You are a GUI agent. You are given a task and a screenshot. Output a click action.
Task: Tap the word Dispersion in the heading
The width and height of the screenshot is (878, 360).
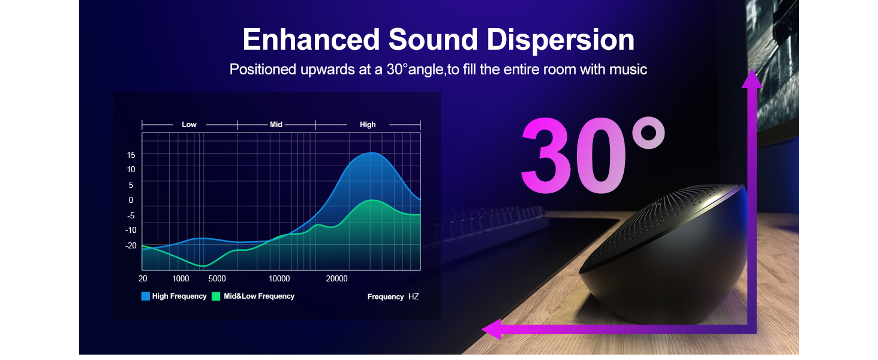point(560,40)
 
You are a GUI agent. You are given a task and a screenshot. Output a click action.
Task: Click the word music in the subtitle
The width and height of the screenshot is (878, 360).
point(627,70)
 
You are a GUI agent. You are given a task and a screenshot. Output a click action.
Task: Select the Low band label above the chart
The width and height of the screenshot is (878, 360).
point(189,125)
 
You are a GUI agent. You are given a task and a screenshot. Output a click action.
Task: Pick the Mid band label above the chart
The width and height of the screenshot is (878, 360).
point(276,125)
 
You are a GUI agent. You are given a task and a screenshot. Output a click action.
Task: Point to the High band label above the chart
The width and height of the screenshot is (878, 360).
point(368,125)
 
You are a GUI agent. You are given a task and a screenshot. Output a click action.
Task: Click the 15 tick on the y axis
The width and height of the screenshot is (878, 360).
point(131,155)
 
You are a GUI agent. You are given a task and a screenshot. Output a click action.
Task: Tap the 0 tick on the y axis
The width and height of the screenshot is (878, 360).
point(131,200)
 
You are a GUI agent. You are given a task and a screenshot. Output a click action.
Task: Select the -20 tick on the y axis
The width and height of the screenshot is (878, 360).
point(131,245)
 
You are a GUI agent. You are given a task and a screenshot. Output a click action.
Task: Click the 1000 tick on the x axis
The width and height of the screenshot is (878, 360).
point(181,278)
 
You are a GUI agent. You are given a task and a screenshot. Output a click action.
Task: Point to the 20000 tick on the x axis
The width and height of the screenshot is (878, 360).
point(336,278)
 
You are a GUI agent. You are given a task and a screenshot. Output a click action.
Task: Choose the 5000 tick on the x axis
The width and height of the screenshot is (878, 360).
point(217,278)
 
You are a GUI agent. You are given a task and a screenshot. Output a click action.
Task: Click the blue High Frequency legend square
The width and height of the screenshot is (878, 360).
point(145,296)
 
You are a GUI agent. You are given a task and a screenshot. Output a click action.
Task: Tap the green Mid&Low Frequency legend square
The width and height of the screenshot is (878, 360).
point(216,296)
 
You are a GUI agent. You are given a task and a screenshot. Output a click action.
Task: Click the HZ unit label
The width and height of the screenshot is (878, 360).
point(414,296)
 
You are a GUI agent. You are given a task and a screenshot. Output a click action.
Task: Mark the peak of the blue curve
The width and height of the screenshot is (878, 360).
point(372,153)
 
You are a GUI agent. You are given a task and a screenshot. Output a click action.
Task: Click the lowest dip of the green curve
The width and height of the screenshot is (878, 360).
point(203,266)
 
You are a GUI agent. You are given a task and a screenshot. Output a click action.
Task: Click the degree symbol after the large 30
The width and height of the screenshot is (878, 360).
point(648,133)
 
